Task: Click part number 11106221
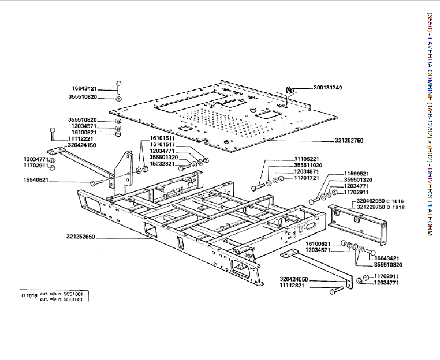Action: [x=307, y=159]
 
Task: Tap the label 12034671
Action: [x=307, y=171]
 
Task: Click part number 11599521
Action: [x=357, y=173]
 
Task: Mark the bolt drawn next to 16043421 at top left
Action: [x=118, y=87]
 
